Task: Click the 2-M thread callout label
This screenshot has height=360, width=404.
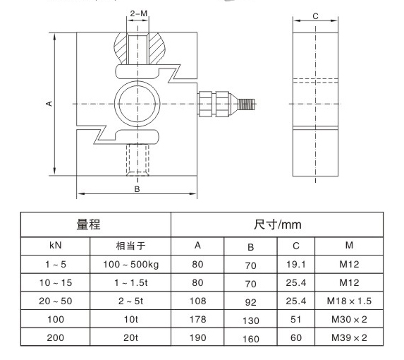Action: [139, 13]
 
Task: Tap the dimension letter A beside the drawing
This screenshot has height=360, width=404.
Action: [49, 104]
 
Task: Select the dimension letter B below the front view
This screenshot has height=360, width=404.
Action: [137, 189]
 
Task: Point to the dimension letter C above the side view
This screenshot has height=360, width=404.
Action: [315, 16]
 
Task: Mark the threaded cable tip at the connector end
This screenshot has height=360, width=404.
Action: [247, 104]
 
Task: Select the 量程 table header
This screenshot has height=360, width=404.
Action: [88, 224]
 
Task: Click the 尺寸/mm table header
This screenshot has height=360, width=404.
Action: [278, 224]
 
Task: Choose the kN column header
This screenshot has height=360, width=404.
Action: [56, 245]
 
